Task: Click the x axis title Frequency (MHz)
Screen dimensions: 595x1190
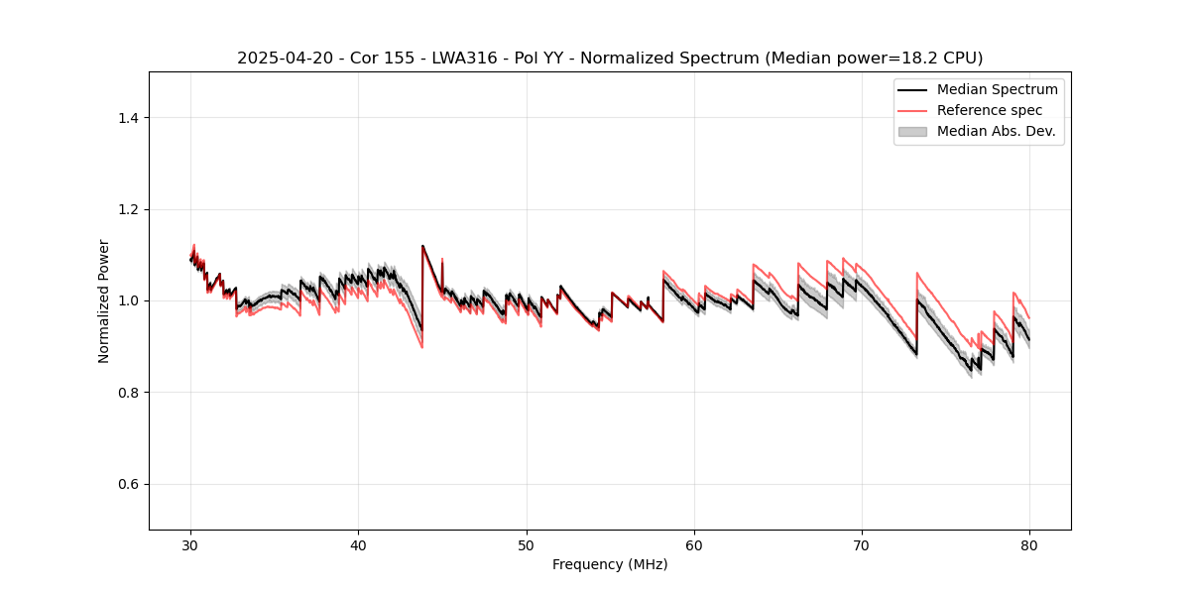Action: tap(610, 564)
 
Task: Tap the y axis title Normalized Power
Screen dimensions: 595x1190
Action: tap(104, 300)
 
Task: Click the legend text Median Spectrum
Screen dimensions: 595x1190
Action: tap(997, 89)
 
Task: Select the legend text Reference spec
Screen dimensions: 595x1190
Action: tap(990, 110)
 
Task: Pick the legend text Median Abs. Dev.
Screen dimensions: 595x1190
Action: tap(996, 131)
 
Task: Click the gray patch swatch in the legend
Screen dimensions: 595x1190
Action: tap(912, 131)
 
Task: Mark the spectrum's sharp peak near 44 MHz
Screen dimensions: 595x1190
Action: tap(422, 246)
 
